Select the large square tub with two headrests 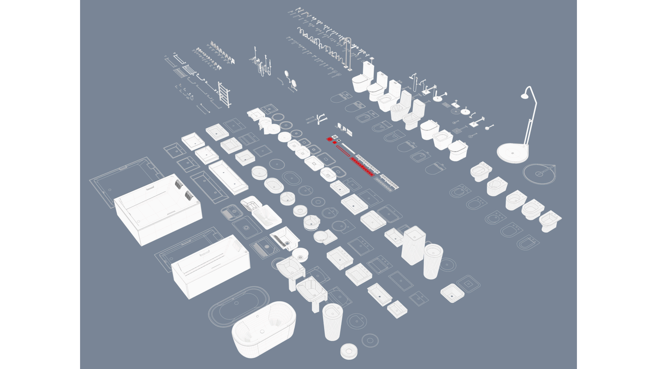[x=157, y=208]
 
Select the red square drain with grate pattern [x=330, y=139]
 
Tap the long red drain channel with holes [x=361, y=167]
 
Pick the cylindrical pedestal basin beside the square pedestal [x=433, y=261]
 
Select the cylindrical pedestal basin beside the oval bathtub [x=332, y=321]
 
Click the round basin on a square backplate [x=323, y=236]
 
